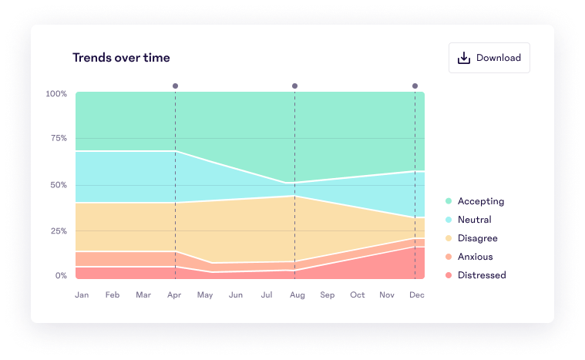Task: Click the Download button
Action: point(489,58)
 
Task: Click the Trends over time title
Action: point(121,58)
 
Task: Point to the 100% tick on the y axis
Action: point(56,94)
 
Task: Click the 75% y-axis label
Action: point(58,139)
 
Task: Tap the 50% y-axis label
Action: point(58,185)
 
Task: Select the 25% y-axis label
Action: point(58,231)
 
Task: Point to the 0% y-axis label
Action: point(60,275)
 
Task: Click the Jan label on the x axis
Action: point(82,294)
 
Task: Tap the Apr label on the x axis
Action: point(174,294)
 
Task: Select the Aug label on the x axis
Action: point(296,294)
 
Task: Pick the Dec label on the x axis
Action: point(417,294)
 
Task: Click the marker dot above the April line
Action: point(175,86)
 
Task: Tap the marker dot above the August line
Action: point(294,86)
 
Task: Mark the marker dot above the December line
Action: point(415,86)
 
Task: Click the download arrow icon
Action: point(464,58)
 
